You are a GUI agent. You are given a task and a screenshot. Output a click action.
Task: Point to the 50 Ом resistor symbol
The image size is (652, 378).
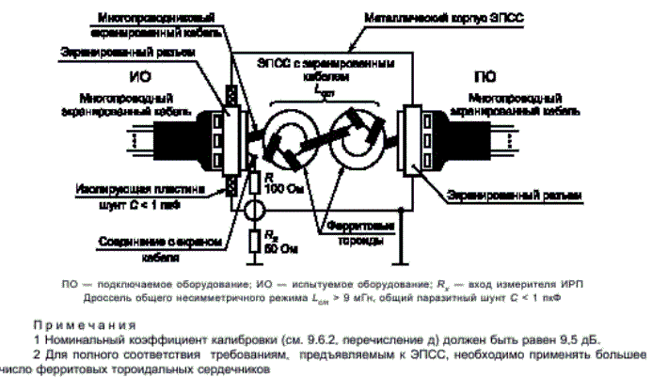click(x=253, y=243)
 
